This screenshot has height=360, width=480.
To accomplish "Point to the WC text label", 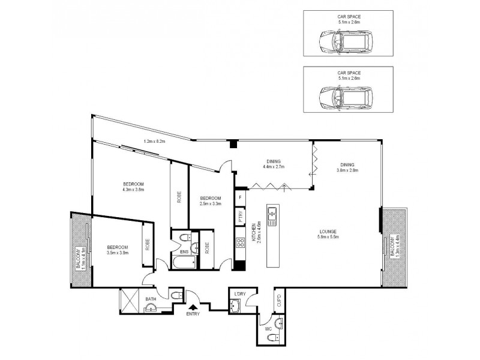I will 268,329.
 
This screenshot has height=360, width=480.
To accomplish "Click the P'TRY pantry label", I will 240,217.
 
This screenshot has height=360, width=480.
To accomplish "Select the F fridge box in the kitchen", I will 240,197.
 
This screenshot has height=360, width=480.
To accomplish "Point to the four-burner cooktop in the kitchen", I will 239,244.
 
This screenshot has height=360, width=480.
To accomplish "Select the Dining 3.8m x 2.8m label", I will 347,167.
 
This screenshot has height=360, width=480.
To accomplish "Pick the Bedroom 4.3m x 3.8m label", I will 133,187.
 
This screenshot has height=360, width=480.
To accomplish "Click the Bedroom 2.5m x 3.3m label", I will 211,201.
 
